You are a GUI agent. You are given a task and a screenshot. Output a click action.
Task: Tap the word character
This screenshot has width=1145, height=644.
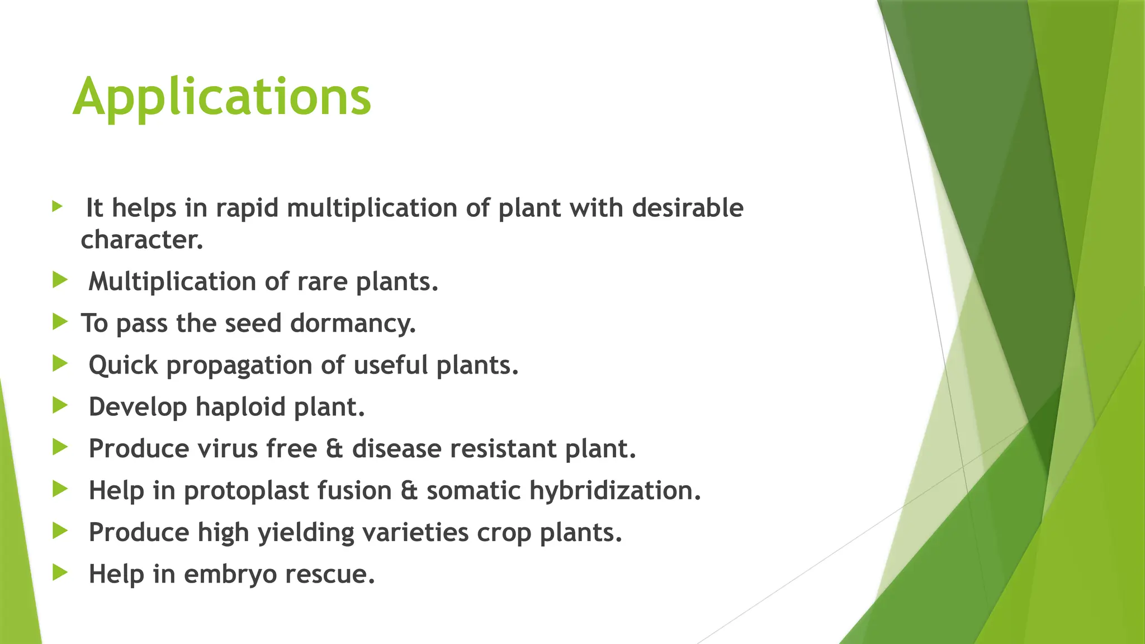coord(141,240)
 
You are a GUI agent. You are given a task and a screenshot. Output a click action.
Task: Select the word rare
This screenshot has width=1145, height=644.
coord(322,282)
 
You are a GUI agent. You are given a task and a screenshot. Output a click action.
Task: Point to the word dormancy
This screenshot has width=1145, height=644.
coord(353,324)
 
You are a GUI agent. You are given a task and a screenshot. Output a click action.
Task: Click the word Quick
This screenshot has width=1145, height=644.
coord(123,366)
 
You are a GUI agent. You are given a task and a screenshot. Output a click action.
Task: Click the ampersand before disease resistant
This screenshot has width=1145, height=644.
coord(334,449)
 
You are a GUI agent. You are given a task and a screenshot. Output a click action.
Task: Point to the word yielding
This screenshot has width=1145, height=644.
coord(306,533)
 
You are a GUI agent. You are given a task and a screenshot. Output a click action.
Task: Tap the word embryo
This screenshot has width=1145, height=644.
coord(230,575)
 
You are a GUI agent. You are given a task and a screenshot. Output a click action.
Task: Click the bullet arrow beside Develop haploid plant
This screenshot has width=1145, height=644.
coord(60,405)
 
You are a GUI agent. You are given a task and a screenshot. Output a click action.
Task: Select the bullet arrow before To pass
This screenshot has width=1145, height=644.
coord(60,321)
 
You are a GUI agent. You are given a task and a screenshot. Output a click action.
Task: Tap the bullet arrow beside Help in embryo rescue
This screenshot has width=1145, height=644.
coord(60,572)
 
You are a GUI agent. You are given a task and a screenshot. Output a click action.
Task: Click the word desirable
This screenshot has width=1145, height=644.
coord(688,209)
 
